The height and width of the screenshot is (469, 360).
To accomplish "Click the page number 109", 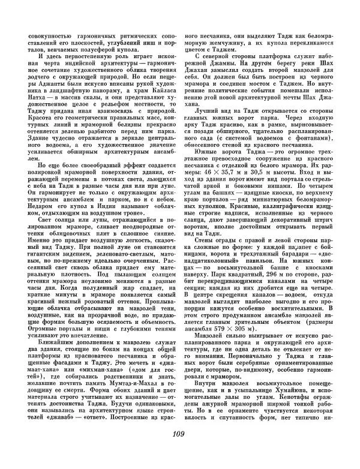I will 180,452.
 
